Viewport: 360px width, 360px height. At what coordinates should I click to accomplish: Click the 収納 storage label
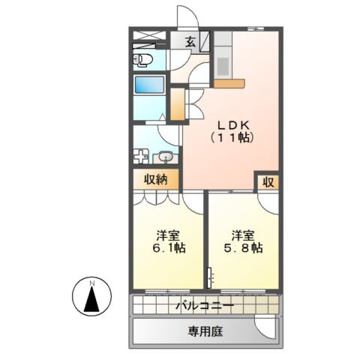click(157, 180)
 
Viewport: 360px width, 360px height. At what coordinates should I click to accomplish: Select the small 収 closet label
click(268, 181)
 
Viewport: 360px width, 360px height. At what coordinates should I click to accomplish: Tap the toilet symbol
click(142, 59)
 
